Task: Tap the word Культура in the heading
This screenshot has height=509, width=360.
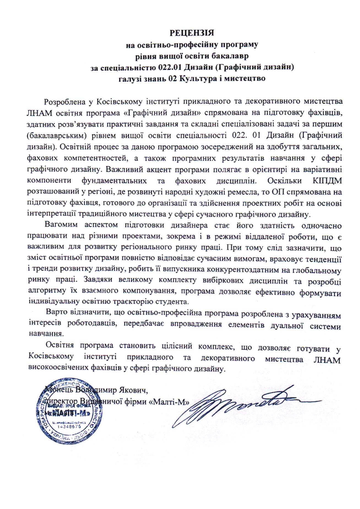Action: (197, 78)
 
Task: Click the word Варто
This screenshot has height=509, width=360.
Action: (57, 313)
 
